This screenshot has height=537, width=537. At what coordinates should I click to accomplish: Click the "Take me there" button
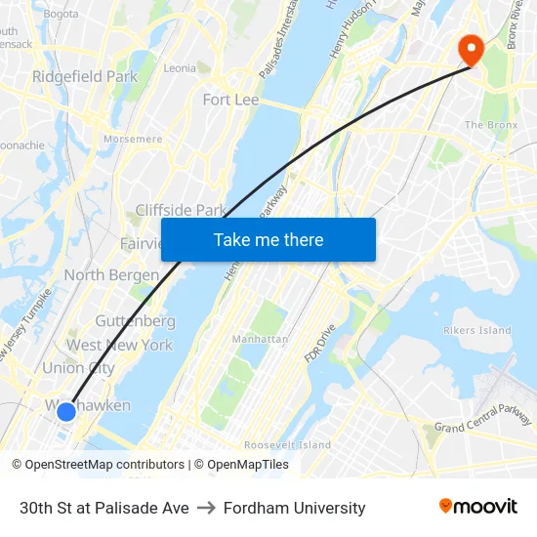coord(268,239)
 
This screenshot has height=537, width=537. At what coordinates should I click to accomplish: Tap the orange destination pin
coord(471,49)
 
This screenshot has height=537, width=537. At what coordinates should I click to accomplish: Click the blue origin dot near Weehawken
coord(66,411)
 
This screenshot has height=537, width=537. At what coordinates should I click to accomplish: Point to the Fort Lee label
coord(230,100)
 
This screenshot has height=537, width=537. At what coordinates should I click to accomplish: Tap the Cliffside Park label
coord(181,210)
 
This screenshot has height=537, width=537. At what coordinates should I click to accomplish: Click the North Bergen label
coord(111,274)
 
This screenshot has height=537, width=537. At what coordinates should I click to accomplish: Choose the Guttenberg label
coord(135,320)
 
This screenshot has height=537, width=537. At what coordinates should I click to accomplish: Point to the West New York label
coord(119,345)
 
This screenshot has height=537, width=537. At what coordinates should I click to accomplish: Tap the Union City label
coord(78,368)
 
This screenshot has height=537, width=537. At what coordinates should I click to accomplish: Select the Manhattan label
coord(260,339)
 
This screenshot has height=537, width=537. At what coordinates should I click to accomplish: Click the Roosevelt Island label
coord(288,444)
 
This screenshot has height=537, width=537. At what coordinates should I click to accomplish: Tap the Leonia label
coord(180,68)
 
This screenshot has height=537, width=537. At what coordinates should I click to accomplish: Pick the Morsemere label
coord(133,139)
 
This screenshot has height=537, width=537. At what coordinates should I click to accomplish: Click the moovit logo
coord(477,507)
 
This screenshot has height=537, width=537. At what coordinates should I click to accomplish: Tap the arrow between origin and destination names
coord(206,508)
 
